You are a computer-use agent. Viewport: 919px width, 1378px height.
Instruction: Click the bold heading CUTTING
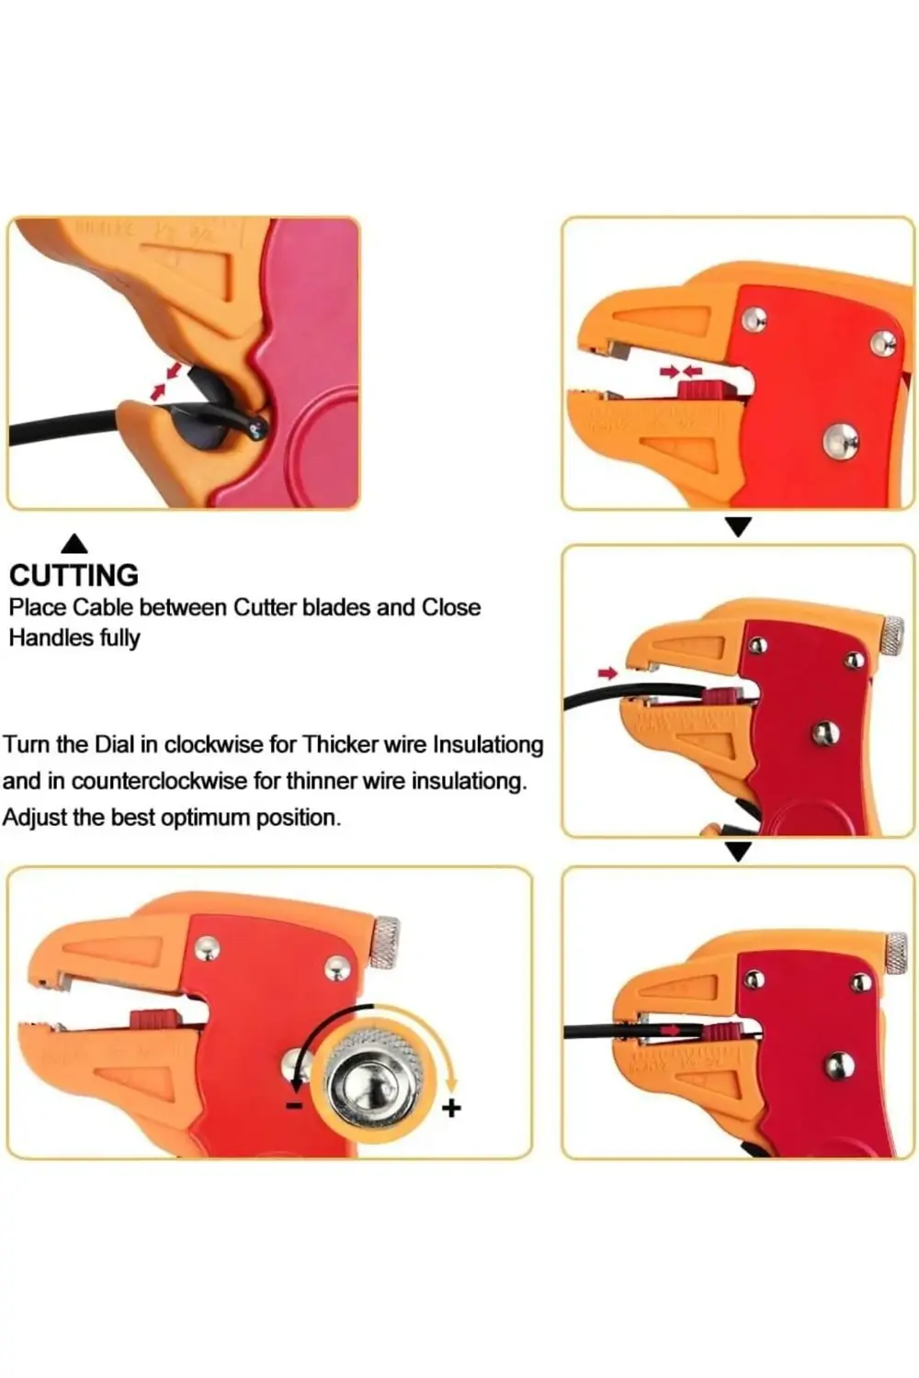74,575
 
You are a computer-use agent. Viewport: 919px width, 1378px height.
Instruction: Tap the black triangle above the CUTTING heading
75,543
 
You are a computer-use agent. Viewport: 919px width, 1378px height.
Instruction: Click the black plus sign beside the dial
451,1109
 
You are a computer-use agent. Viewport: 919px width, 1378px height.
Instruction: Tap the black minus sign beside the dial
294,1105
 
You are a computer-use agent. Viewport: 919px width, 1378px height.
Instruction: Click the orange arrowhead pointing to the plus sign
452,1084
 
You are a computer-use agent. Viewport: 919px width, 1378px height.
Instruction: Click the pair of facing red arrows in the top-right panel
681,371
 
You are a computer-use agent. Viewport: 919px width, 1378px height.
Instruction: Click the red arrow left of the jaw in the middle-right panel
607,673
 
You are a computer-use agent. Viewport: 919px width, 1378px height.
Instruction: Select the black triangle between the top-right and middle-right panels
739,527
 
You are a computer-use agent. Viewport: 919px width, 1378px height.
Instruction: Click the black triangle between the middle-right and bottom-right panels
739,852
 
